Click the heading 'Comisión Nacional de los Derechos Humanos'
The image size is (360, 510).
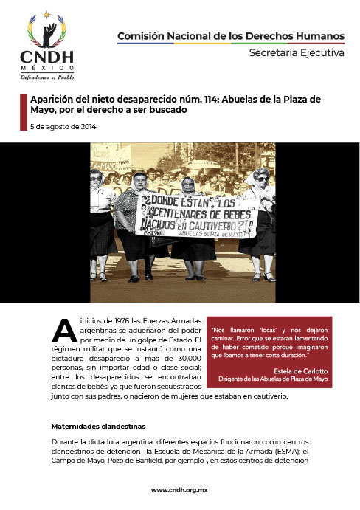coord(231,36)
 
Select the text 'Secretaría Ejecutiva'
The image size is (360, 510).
coord(296,53)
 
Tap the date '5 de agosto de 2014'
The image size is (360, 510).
coord(63,127)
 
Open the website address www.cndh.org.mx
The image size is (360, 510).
coord(180,490)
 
